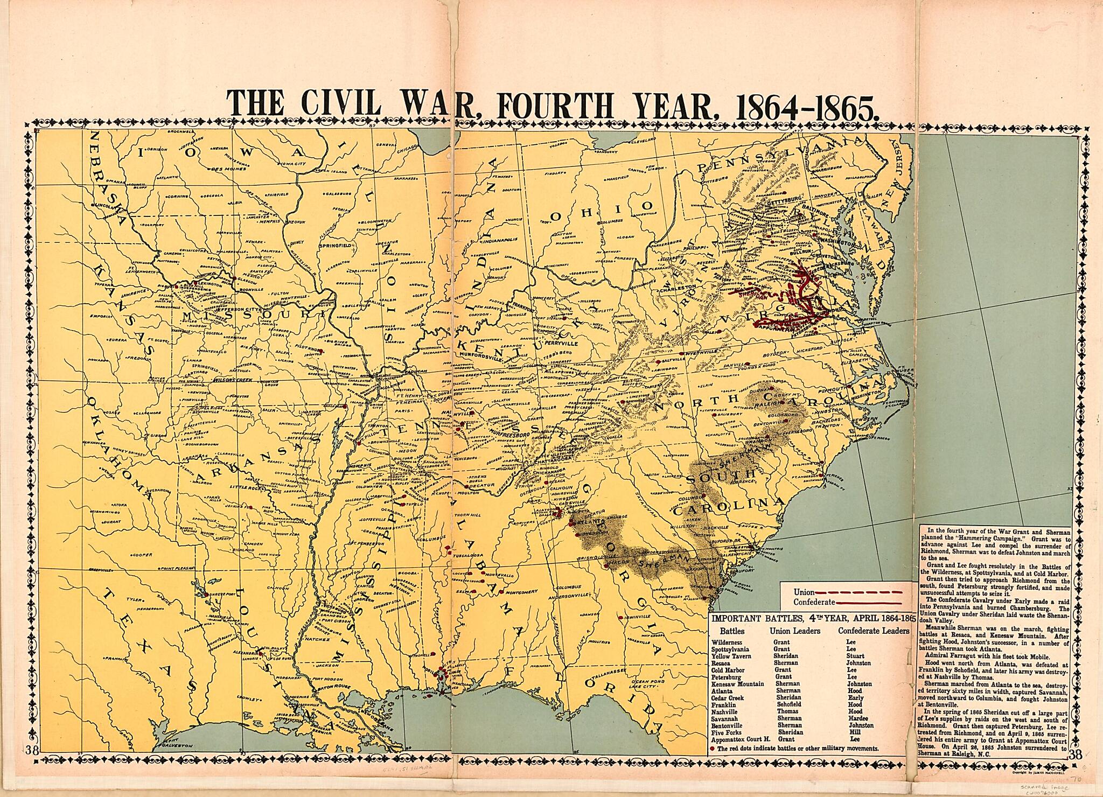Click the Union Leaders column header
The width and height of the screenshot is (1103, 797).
click(x=794, y=631)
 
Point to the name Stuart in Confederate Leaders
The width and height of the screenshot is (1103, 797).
click(x=855, y=656)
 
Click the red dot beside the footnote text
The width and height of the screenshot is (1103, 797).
click(x=712, y=749)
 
